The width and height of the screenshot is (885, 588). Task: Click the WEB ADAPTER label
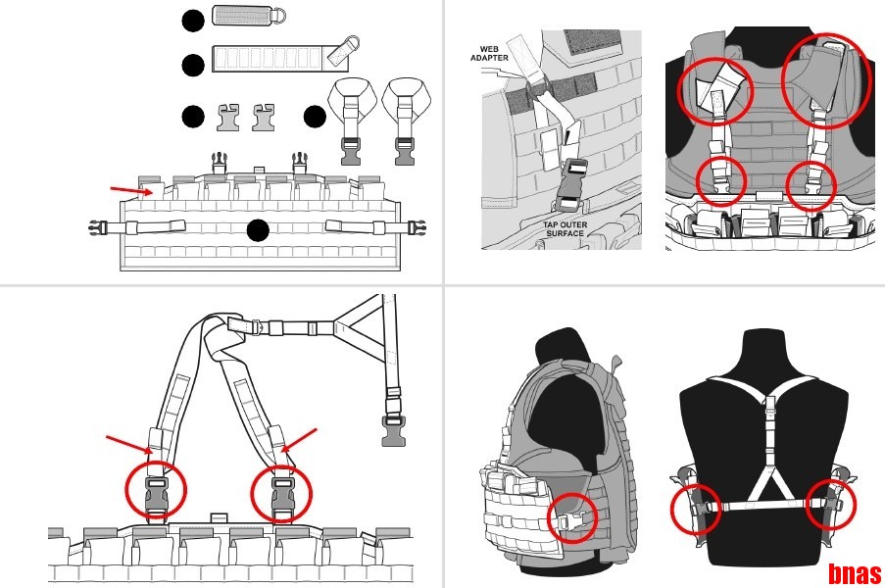489,54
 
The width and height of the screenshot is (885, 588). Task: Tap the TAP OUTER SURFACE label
565,229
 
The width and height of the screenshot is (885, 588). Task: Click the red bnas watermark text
855,574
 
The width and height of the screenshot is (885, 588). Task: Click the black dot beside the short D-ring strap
193,21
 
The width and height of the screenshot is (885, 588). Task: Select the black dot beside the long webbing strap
193,65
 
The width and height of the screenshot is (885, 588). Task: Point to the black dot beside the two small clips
193,117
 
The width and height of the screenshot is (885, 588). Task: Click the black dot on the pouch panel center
258,230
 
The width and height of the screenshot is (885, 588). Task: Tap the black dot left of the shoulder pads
315,117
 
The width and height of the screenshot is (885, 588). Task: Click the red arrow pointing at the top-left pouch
131,191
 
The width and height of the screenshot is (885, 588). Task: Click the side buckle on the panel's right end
417,227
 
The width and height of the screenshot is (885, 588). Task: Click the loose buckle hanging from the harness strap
392,430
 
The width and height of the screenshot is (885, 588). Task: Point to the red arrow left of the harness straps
129,444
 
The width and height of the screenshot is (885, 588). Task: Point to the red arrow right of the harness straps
299,440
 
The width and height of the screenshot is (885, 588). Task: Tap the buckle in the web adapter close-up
571,187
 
